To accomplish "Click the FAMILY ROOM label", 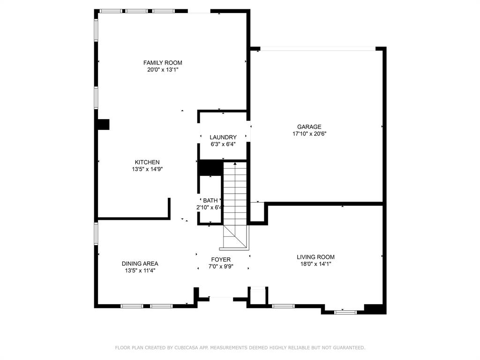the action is [163, 63].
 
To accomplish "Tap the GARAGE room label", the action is [309, 127].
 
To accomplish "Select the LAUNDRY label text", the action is [223, 137].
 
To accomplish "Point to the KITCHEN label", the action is [147, 162].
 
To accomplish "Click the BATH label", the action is [210, 201].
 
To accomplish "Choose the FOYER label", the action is [221, 260].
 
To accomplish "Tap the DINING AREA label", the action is [140, 263].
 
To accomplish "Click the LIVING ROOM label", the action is [315, 257].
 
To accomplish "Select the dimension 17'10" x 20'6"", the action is [309, 134].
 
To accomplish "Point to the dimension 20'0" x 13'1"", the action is [163, 70].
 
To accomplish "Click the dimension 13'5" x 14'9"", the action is [147, 169].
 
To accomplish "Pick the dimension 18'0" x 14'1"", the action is [315, 264].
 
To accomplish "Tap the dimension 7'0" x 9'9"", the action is [221, 267].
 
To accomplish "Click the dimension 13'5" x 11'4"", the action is [140, 270].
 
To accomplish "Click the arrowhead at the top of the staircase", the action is [235, 164].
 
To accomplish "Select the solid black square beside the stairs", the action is [210, 168].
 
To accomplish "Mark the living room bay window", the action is [345, 312].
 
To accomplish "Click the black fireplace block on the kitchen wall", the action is [104, 125].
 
